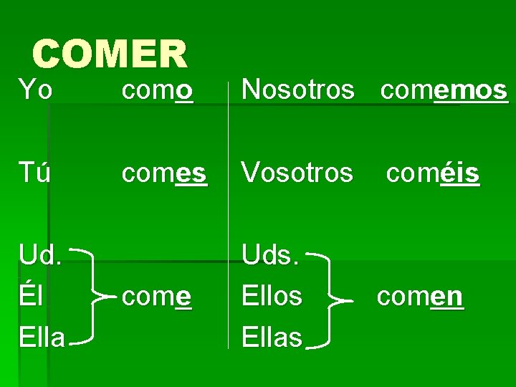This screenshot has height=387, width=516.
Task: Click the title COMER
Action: pyautogui.click(x=110, y=54)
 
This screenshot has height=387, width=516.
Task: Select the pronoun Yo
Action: pyautogui.click(x=35, y=90)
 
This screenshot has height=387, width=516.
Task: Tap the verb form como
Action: pyautogui.click(x=157, y=90)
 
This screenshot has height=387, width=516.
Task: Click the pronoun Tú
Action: pyautogui.click(x=34, y=173)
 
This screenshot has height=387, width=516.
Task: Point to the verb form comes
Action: pyautogui.click(x=164, y=173)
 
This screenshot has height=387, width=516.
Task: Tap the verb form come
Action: pyautogui.click(x=156, y=295)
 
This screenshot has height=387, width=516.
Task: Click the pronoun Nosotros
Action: pyautogui.click(x=298, y=90)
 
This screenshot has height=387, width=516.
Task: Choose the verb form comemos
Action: pyautogui.click(x=444, y=90)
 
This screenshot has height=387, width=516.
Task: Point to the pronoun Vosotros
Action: pyautogui.click(x=297, y=173)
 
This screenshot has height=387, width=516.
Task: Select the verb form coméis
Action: pyautogui.click(x=433, y=173)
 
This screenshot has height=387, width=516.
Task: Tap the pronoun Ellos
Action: pyautogui.click(x=272, y=295)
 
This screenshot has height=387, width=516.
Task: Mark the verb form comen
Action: pyautogui.click(x=421, y=295)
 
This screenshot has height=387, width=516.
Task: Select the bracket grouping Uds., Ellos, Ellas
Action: pyautogui.click(x=331, y=296)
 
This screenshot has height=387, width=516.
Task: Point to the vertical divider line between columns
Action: pyautogui.click(x=229, y=215)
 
